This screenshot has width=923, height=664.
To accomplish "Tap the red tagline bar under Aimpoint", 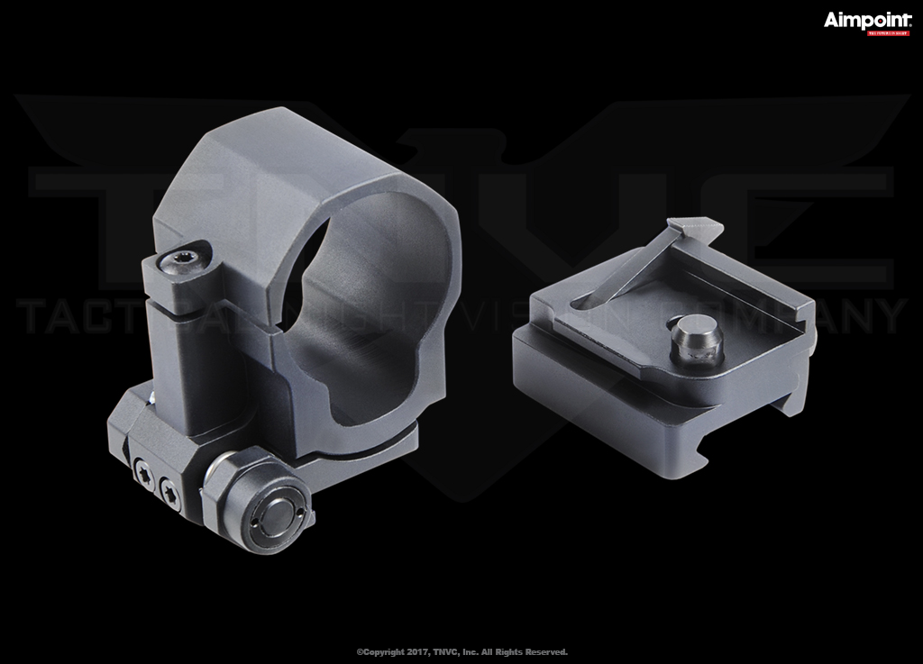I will tap(888, 33).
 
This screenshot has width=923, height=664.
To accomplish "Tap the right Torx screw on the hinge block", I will tap(170, 491).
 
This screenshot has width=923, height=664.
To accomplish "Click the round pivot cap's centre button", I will tap(274, 515).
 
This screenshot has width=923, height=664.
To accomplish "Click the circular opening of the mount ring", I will tap(361, 297).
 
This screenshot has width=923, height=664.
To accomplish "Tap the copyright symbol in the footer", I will tap(360, 651).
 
